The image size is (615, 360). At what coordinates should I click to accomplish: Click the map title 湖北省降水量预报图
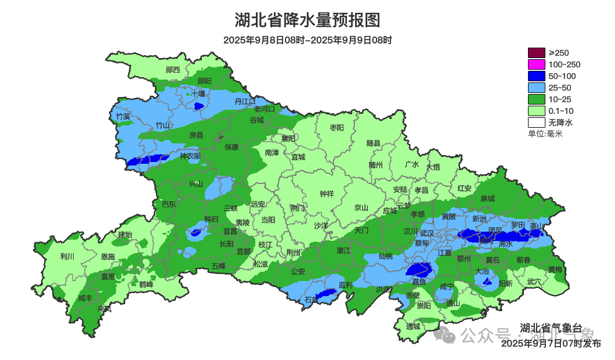(x=307, y=20)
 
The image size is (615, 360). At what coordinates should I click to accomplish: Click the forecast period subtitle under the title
(x=307, y=40)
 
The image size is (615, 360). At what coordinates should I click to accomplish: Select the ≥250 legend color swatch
(x=537, y=53)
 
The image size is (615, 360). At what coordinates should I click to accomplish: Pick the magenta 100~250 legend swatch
(x=537, y=64)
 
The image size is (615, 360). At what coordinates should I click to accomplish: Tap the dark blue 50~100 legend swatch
(x=537, y=76)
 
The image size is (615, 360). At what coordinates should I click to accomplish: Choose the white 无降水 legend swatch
(x=537, y=123)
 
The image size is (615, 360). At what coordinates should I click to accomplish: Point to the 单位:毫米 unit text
(x=545, y=134)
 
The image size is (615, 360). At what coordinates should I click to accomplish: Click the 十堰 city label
(x=199, y=93)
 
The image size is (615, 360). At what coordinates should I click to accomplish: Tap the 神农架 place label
(x=190, y=156)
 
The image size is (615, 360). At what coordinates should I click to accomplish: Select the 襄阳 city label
(x=288, y=138)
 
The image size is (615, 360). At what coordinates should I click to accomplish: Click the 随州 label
(x=376, y=164)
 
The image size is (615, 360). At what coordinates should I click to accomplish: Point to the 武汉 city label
(x=426, y=232)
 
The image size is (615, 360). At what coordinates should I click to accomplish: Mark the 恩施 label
(x=107, y=256)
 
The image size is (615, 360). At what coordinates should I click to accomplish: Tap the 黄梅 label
(x=555, y=269)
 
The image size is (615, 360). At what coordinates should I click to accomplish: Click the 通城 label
(x=413, y=326)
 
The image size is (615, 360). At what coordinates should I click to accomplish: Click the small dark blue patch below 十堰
(x=198, y=106)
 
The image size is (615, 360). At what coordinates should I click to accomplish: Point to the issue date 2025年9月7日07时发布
(x=551, y=343)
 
